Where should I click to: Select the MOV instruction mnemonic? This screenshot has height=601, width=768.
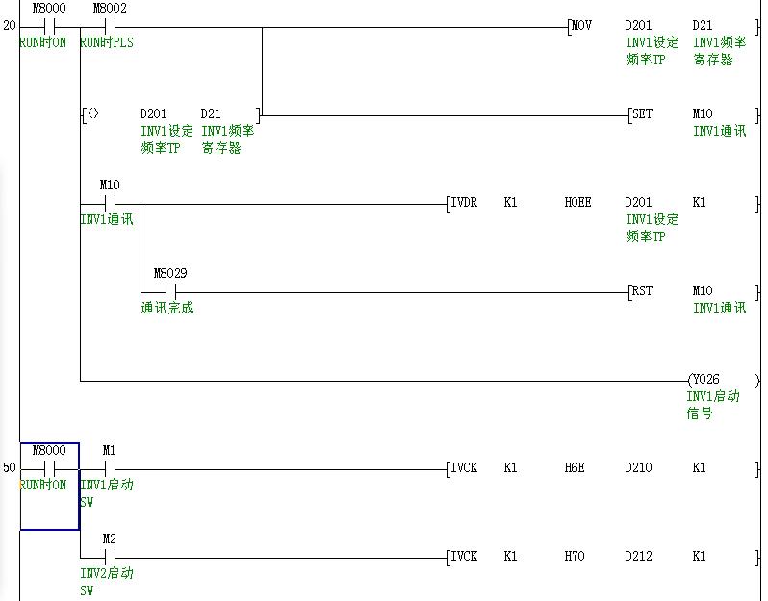pyautogui.click(x=581, y=25)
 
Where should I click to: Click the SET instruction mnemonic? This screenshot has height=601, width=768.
pyautogui.click(x=641, y=113)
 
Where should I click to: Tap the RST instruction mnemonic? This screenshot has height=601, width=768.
pyautogui.click(x=641, y=290)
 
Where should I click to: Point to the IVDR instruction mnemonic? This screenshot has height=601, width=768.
pyautogui.click(x=464, y=202)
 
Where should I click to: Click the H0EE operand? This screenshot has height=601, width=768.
pyautogui.click(x=577, y=202)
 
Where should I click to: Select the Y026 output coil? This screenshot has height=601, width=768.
pyautogui.click(x=704, y=379)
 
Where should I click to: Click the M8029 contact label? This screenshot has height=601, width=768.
pyautogui.click(x=169, y=273)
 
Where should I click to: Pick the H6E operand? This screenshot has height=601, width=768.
pyautogui.click(x=574, y=467)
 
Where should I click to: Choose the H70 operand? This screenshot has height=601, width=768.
pyautogui.click(x=574, y=556)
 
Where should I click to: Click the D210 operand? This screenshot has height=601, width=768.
pyautogui.click(x=637, y=467)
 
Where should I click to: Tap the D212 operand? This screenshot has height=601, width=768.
pyautogui.click(x=637, y=556)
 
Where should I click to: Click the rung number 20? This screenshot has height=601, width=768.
pyautogui.click(x=10, y=25)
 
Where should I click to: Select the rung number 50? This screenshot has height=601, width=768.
pyautogui.click(x=10, y=467)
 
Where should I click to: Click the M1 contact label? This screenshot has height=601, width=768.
pyautogui.click(x=109, y=450)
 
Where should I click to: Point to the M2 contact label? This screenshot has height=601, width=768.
pyautogui.click(x=109, y=538)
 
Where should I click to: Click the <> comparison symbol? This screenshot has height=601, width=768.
pyautogui.click(x=93, y=113)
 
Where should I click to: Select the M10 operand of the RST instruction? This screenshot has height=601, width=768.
pyautogui.click(x=704, y=290)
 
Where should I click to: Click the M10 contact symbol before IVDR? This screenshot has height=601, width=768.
pyautogui.click(x=109, y=204)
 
